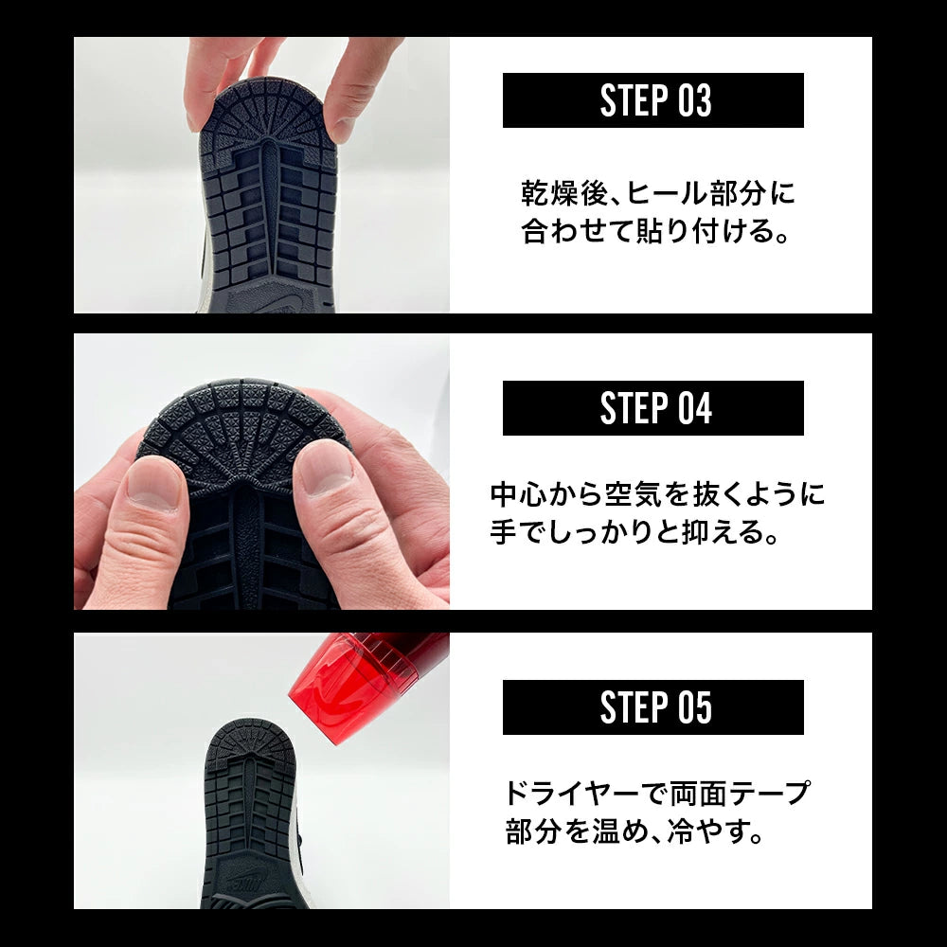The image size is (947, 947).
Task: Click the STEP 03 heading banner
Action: tap(652, 100)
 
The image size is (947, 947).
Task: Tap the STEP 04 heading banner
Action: tap(652, 407)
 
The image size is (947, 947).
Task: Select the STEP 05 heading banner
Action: tap(652, 707)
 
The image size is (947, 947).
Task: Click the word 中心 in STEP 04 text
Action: tap(518, 494)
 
